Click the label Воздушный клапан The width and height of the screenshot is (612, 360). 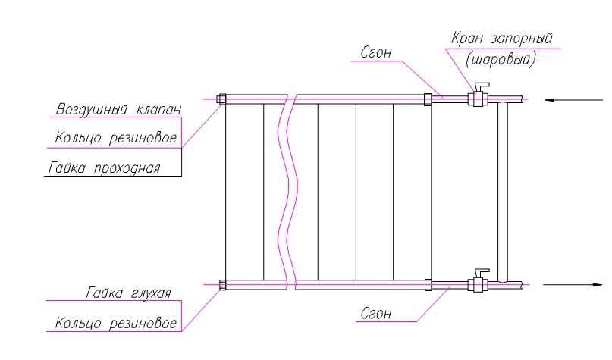[118, 110]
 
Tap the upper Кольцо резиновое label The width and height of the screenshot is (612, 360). [117, 139]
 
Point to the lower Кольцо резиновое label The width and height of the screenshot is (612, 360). [117, 324]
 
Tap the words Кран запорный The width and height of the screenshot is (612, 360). [501, 39]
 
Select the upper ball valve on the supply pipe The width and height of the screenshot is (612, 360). [479, 99]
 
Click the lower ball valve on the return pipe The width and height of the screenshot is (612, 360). [479, 285]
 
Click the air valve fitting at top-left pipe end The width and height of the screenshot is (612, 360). [221, 99]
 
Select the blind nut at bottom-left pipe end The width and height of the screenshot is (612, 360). [221, 285]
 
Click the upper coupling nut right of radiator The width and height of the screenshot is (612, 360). [428, 99]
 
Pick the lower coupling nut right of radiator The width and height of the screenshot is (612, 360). [428, 285]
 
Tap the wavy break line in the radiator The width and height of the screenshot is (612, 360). [286, 189]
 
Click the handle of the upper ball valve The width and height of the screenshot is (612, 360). [481, 85]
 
